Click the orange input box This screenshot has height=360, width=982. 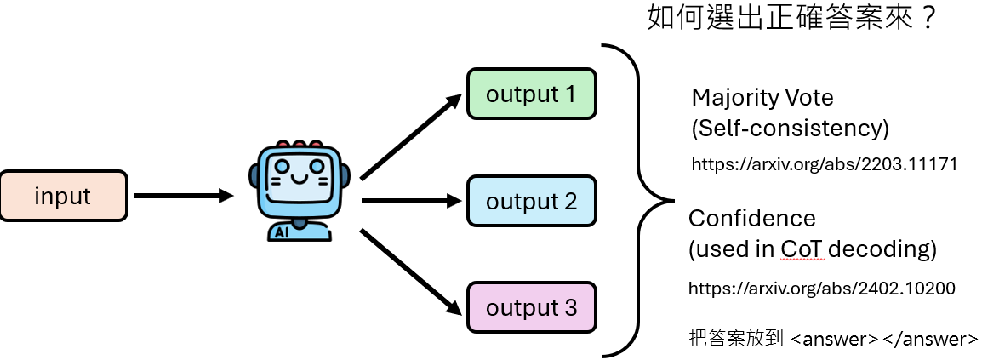pos(63,197)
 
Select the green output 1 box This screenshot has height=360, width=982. pos(531,94)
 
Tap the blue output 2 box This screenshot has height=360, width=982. pos(531,202)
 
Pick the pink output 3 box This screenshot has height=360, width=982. pos(531,307)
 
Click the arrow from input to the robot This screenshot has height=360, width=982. pos(183,197)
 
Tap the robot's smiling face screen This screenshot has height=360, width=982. pos(298,175)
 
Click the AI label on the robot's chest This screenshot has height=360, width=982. pos(282,230)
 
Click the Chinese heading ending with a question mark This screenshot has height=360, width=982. pos(792,17)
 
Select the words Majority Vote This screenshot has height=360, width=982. pos(762,98)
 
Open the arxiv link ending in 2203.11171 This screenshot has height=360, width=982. pos(824,164)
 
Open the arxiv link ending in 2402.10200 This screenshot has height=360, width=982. pos(822,289)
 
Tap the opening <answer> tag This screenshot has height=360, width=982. pos(834,339)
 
